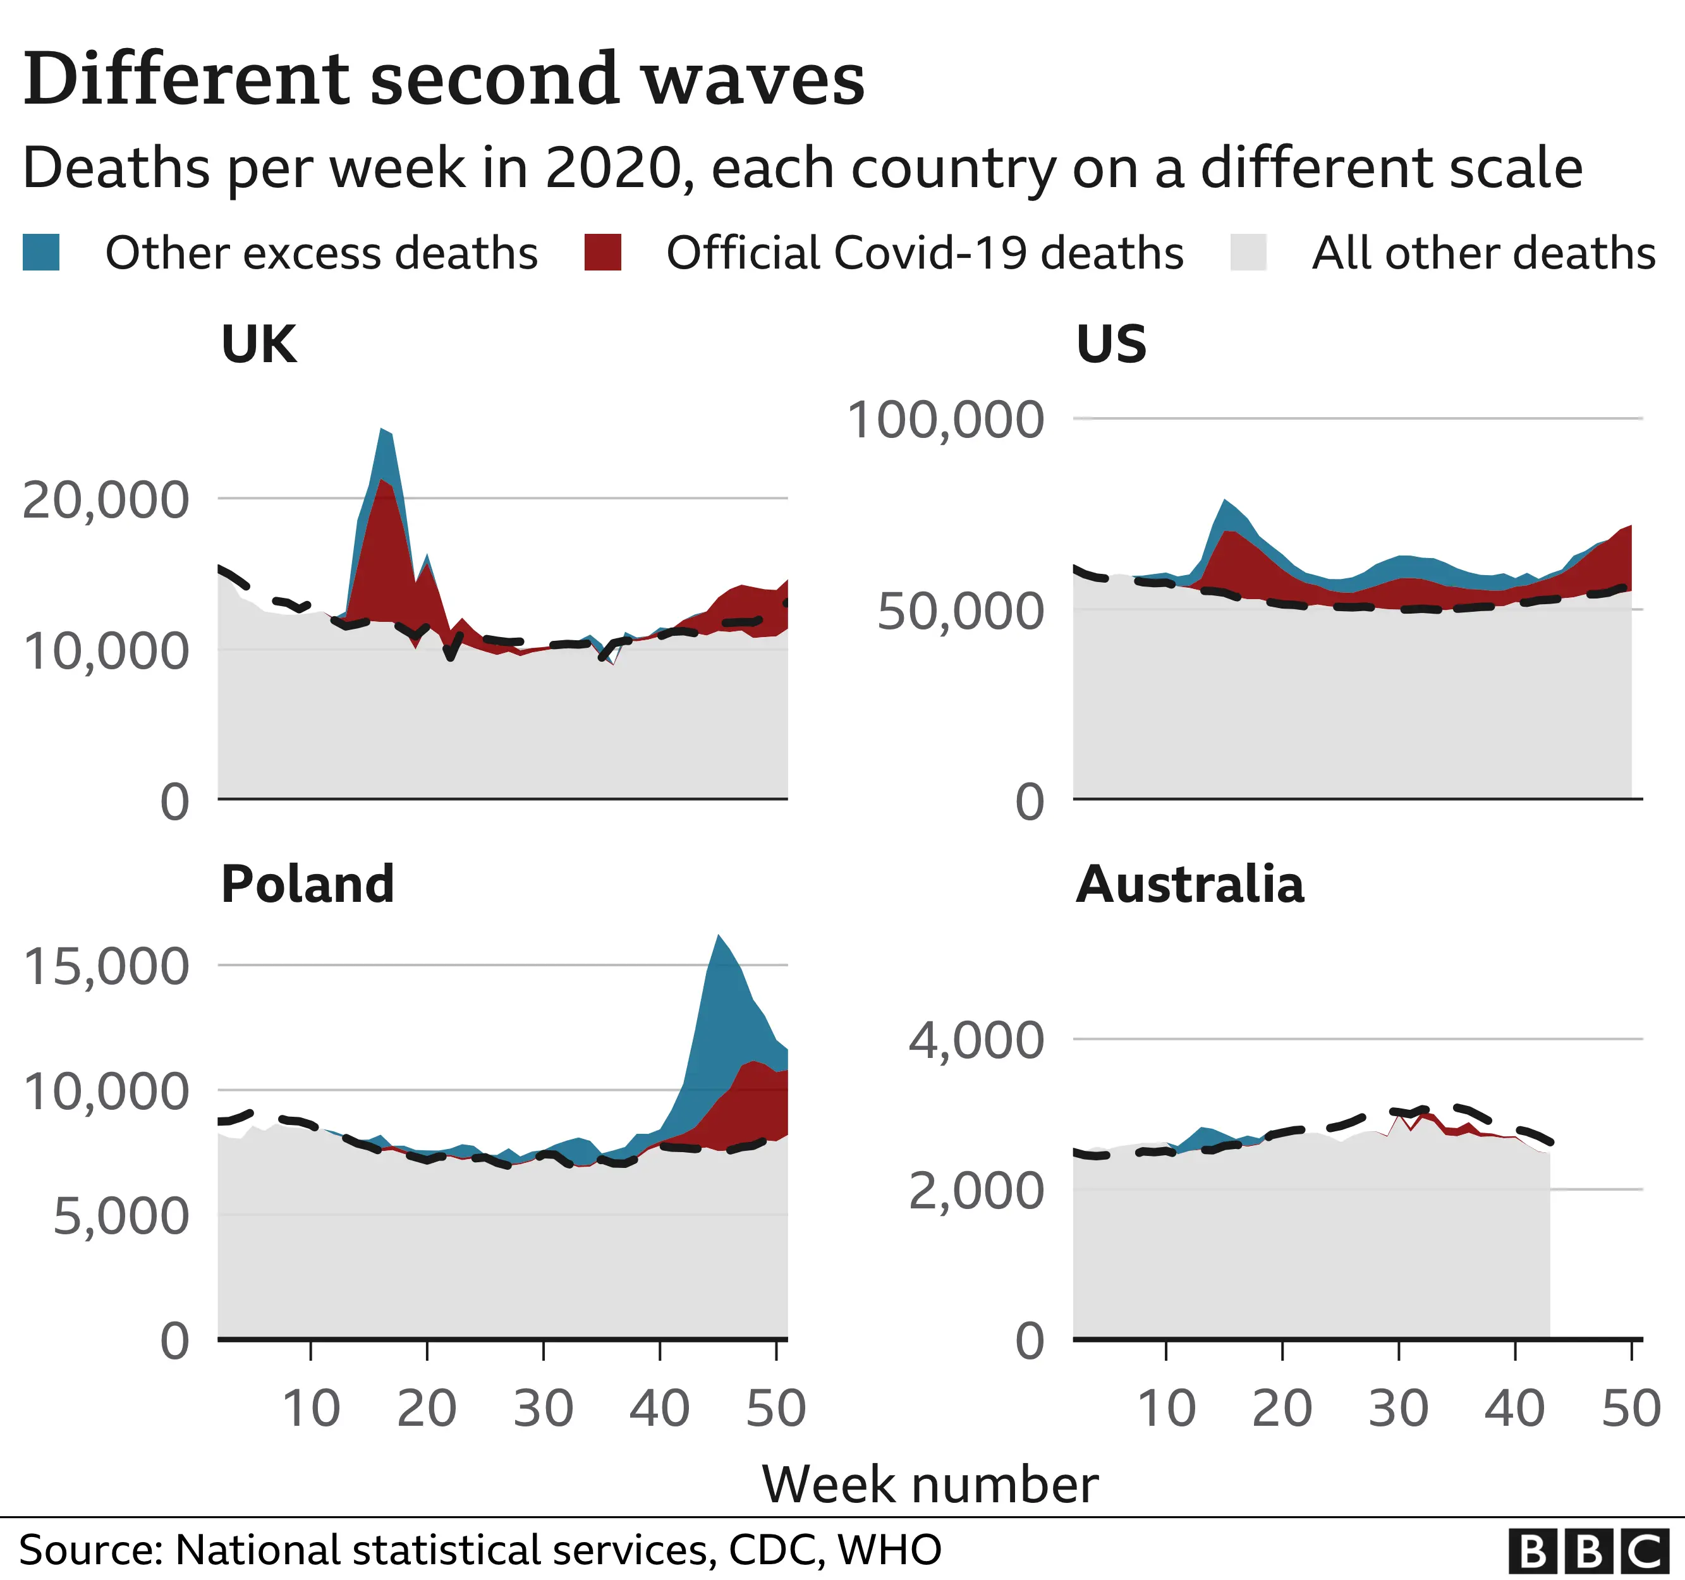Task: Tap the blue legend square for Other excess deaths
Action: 40,253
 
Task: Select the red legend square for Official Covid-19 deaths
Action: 602,253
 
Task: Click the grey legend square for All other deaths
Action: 1248,253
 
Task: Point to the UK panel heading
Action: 259,344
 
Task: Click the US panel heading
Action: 1111,344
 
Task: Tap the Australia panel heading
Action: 1189,884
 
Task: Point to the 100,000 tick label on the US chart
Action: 945,420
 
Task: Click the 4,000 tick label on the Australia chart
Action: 976,1040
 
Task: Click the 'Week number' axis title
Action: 930,1484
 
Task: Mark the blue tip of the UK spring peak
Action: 384,432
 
